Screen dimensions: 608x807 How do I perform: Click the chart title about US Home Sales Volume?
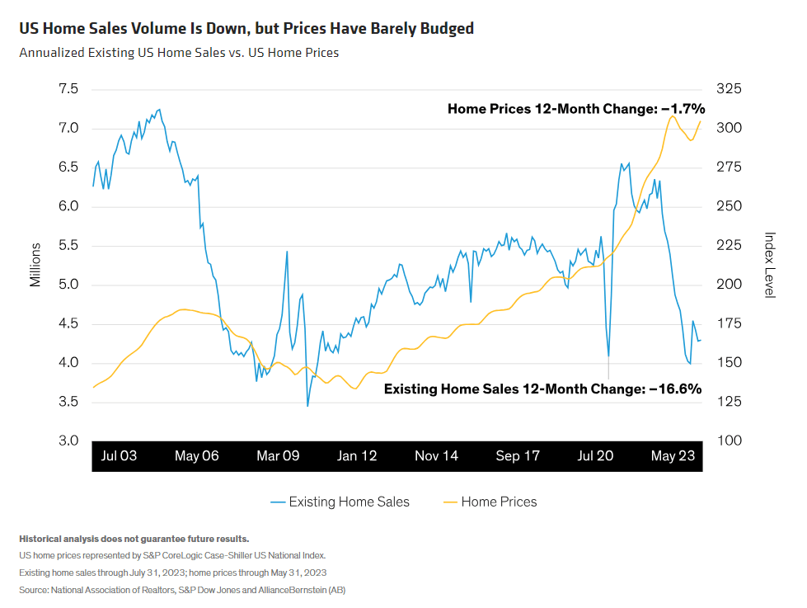point(246,29)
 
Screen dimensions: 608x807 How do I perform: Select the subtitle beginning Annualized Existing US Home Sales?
point(179,53)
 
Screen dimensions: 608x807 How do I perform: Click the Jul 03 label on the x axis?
point(119,456)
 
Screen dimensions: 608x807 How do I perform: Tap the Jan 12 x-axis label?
point(357,456)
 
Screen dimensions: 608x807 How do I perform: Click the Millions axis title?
point(35,265)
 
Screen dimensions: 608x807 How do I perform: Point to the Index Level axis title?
point(769,265)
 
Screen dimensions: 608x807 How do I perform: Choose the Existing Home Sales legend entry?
point(340,502)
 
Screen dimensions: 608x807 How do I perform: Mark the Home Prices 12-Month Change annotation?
point(576,108)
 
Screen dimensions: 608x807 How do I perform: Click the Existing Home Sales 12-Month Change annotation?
point(542,389)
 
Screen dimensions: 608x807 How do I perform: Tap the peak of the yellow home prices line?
point(672,116)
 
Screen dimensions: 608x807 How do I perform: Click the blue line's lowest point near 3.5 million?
point(307,405)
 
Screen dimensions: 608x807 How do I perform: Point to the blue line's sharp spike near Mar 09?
point(287,252)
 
